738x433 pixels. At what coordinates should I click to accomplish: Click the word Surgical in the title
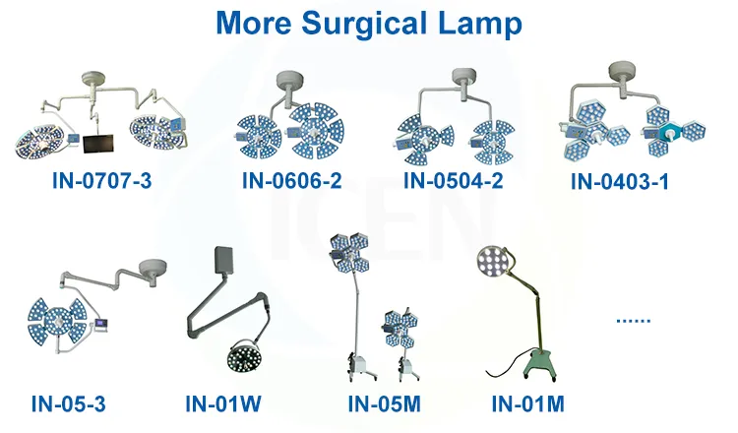[x=363, y=23]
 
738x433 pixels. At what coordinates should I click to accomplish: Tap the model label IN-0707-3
[x=101, y=180]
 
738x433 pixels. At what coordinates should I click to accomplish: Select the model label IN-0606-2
[x=292, y=180]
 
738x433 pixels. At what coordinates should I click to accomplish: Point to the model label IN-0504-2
[x=454, y=180]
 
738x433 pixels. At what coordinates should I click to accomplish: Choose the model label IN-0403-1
[x=620, y=182]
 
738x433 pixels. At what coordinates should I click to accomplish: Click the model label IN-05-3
[x=69, y=403]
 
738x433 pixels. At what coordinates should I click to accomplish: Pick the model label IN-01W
[x=223, y=403]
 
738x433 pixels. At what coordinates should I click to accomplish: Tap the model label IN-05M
[x=384, y=403]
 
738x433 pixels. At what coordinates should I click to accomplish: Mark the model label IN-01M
[x=527, y=403]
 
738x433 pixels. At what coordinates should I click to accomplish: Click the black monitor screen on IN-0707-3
[x=97, y=144]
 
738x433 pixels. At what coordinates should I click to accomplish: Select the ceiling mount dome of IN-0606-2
[x=290, y=79]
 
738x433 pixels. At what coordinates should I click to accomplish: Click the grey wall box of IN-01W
[x=221, y=260]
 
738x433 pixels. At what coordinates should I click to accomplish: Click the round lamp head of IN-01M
[x=492, y=260]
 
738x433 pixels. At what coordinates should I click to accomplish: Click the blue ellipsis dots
[x=633, y=321]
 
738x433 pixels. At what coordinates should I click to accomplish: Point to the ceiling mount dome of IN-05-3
[x=154, y=269]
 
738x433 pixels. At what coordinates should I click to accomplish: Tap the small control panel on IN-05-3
[x=101, y=325]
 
